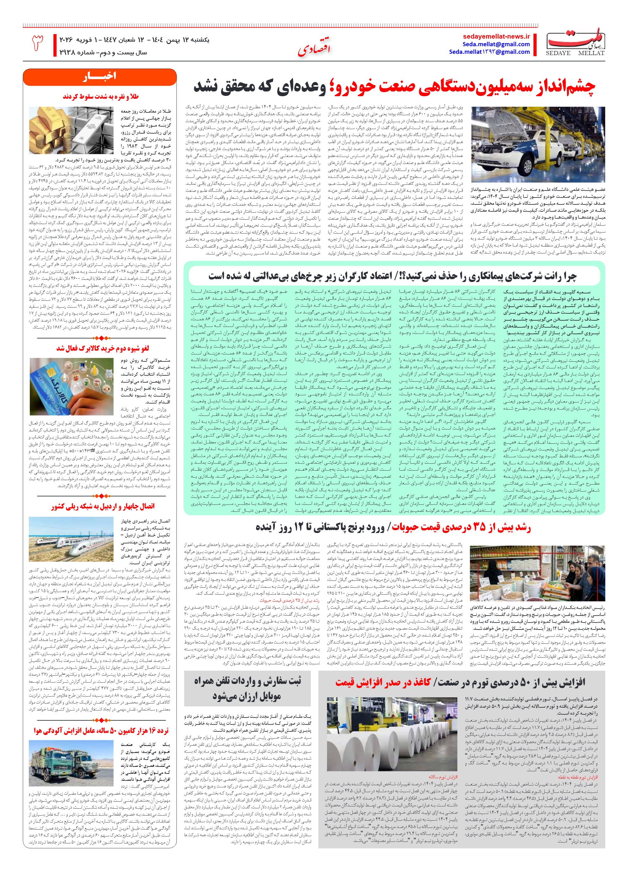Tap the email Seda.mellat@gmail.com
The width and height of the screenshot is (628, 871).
pyautogui.click(x=496, y=44)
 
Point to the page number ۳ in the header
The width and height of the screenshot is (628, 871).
pyautogui.click(x=37, y=43)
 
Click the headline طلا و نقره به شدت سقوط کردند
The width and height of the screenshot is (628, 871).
pyautogui.click(x=101, y=97)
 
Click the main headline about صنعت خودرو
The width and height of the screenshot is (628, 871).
pyautogui.click(x=394, y=87)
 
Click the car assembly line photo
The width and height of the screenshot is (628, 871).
pyautogui.click(x=538, y=144)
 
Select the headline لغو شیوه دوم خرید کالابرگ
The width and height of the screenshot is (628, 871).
pyautogui.click(x=103, y=348)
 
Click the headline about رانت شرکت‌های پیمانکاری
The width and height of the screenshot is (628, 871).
pyautogui.click(x=392, y=276)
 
